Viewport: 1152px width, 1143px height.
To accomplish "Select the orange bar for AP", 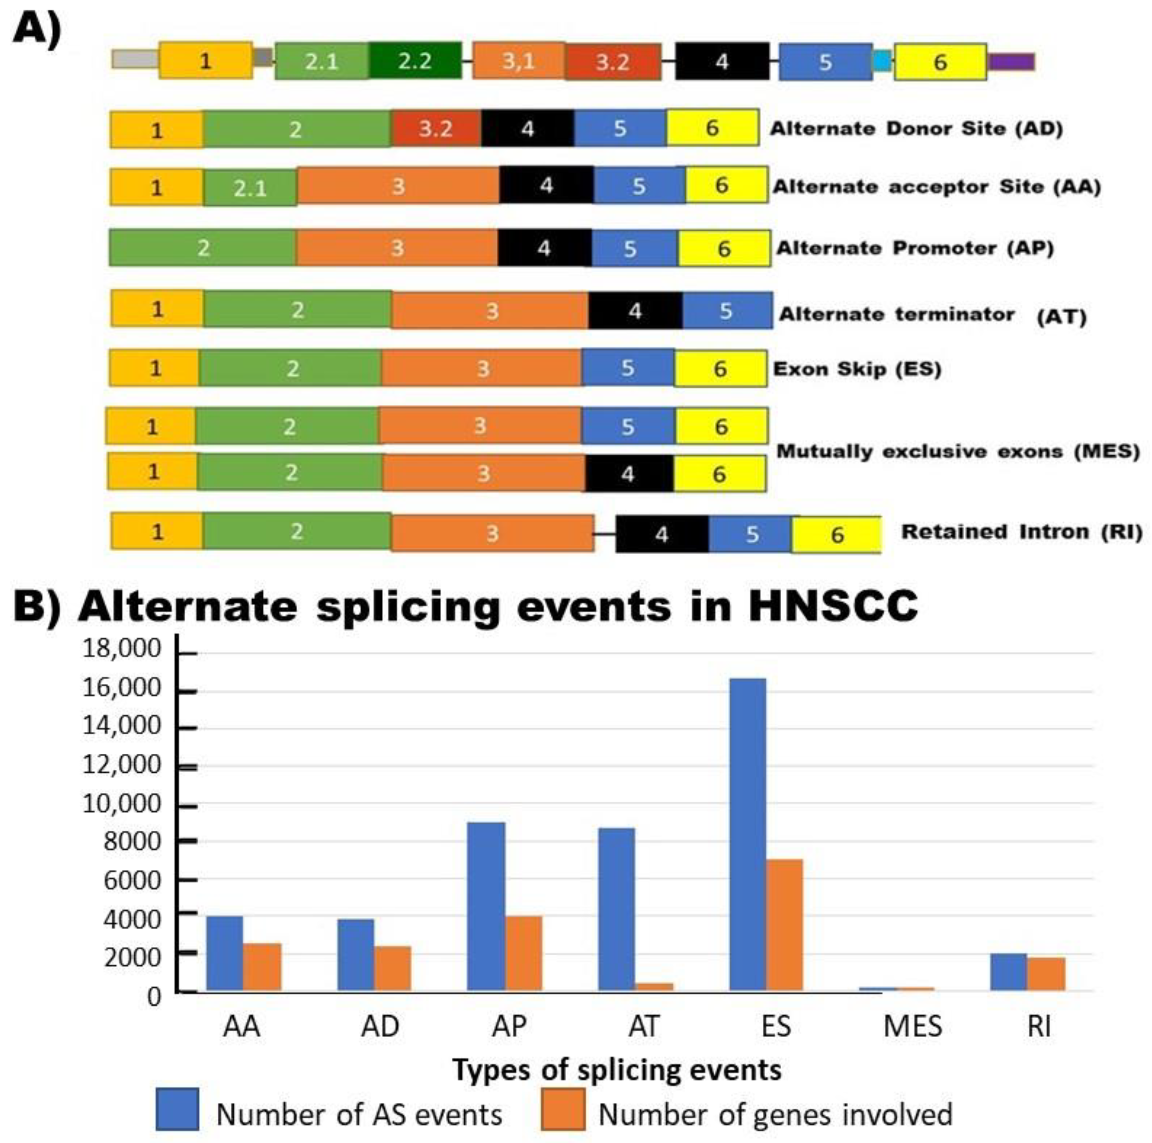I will (523, 954).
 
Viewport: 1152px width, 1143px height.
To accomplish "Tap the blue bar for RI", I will (1008, 972).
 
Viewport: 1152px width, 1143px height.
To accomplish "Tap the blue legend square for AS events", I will (177, 1109).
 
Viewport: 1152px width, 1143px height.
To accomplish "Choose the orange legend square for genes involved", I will (563, 1109).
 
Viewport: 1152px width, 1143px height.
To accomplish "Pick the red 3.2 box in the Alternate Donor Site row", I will (436, 128).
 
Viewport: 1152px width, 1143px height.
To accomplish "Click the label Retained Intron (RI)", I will (1021, 531).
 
